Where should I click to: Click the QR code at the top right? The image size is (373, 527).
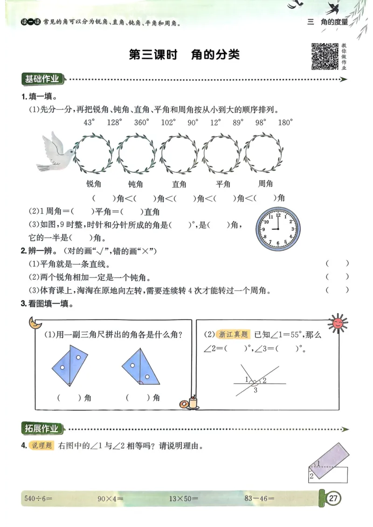click(325, 56)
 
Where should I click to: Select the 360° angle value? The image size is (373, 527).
click(141, 122)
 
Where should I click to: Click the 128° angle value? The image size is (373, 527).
click(114, 122)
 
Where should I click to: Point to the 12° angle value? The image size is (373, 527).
click(215, 122)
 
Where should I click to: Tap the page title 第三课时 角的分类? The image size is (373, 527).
click(184, 55)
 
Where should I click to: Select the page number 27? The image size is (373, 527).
click(333, 499)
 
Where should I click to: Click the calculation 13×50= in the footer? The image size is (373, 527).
click(183, 499)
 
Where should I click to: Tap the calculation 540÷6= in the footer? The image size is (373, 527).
click(38, 499)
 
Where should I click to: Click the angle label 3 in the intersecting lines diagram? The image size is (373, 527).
click(255, 390)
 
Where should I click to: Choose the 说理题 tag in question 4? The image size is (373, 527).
click(42, 446)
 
